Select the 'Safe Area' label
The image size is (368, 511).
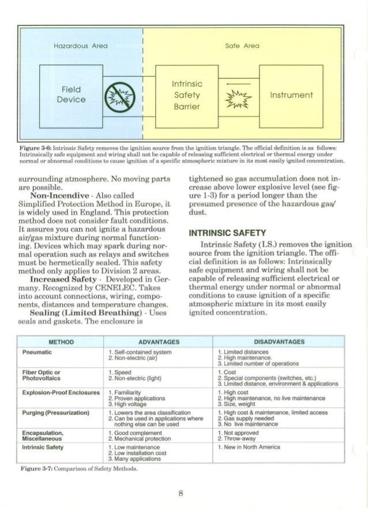(245, 45)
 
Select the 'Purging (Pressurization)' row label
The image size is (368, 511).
(55, 413)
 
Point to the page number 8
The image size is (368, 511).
(181, 493)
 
